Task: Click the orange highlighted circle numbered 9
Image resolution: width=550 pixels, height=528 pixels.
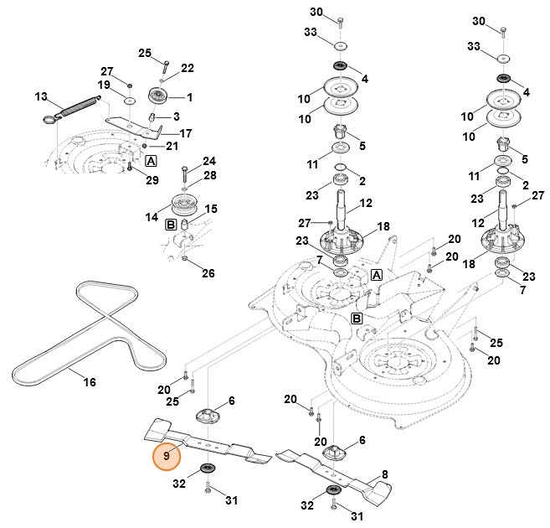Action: point(167,456)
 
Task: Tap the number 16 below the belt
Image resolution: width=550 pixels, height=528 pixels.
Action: point(90,382)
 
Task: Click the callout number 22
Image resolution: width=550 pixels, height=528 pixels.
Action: point(188,68)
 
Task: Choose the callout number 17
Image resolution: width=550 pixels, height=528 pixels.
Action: point(186,133)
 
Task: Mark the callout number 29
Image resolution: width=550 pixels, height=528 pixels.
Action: point(152,180)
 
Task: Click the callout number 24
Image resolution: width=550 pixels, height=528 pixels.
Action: point(208,161)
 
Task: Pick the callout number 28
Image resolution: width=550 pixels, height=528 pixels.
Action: point(209,175)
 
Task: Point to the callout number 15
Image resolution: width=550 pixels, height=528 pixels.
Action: point(212,209)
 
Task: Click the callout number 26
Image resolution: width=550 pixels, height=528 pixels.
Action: point(208,273)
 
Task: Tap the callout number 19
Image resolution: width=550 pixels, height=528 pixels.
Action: point(104,85)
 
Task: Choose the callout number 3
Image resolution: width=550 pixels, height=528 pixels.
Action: point(177,116)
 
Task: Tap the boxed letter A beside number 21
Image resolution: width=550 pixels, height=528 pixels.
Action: point(152,159)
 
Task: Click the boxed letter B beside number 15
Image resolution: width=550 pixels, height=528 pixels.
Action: point(170,225)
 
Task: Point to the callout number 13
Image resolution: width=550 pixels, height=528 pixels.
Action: point(41,97)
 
